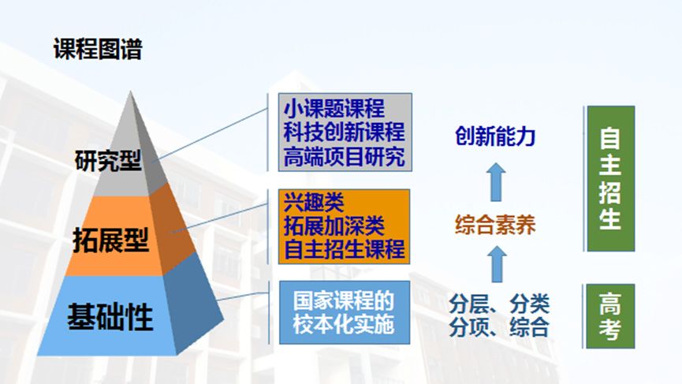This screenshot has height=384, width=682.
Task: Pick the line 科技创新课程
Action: pyautogui.click(x=345, y=132)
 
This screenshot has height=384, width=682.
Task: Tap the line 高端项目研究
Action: pyautogui.click(x=345, y=156)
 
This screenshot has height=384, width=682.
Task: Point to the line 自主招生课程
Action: pyautogui.click(x=345, y=249)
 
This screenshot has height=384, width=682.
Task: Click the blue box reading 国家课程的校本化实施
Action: pyautogui.click(x=345, y=312)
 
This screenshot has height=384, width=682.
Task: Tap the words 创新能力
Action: pyautogui.click(x=495, y=136)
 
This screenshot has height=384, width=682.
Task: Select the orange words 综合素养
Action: pyautogui.click(x=495, y=227)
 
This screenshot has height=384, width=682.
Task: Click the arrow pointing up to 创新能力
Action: pyautogui.click(x=495, y=181)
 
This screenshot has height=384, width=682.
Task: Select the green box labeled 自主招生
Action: pyautogui.click(x=610, y=179)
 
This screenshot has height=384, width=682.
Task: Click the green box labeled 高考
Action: pyautogui.click(x=610, y=315)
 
